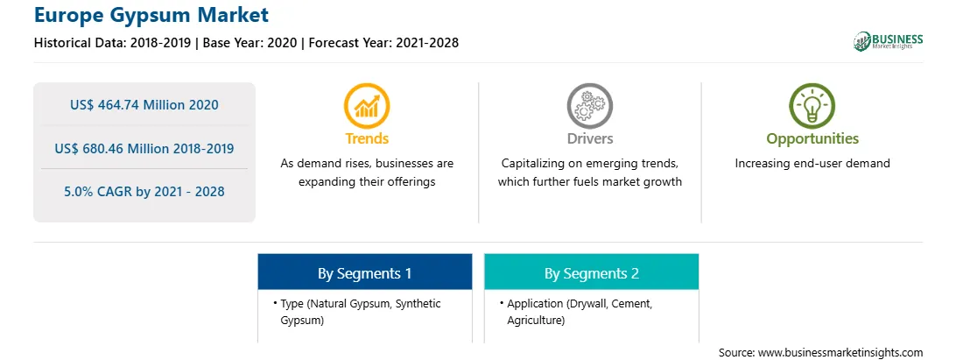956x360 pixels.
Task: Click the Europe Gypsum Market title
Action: point(151,15)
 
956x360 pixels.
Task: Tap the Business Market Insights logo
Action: point(889,41)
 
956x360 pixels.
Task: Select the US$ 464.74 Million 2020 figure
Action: point(144,105)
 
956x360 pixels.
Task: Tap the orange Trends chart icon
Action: point(367,106)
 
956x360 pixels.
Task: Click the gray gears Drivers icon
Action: point(589,106)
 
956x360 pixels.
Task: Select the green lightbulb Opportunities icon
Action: point(812,106)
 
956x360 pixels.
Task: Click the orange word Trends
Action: point(367,138)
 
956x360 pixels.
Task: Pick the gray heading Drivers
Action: point(590,138)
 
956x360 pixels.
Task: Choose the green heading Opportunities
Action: point(812,139)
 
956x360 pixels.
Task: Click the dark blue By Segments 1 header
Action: point(364,272)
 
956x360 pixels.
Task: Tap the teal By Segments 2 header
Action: point(592,272)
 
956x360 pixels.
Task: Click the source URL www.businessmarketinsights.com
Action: point(840,353)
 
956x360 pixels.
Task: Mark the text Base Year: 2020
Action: point(250,43)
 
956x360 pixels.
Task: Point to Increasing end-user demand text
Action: point(812,164)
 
